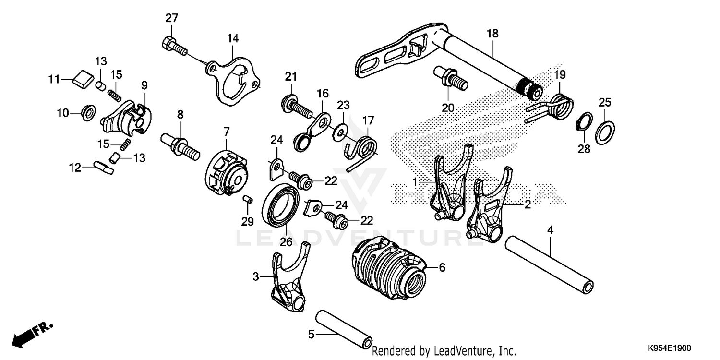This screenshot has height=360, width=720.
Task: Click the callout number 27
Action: coord(171,19)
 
